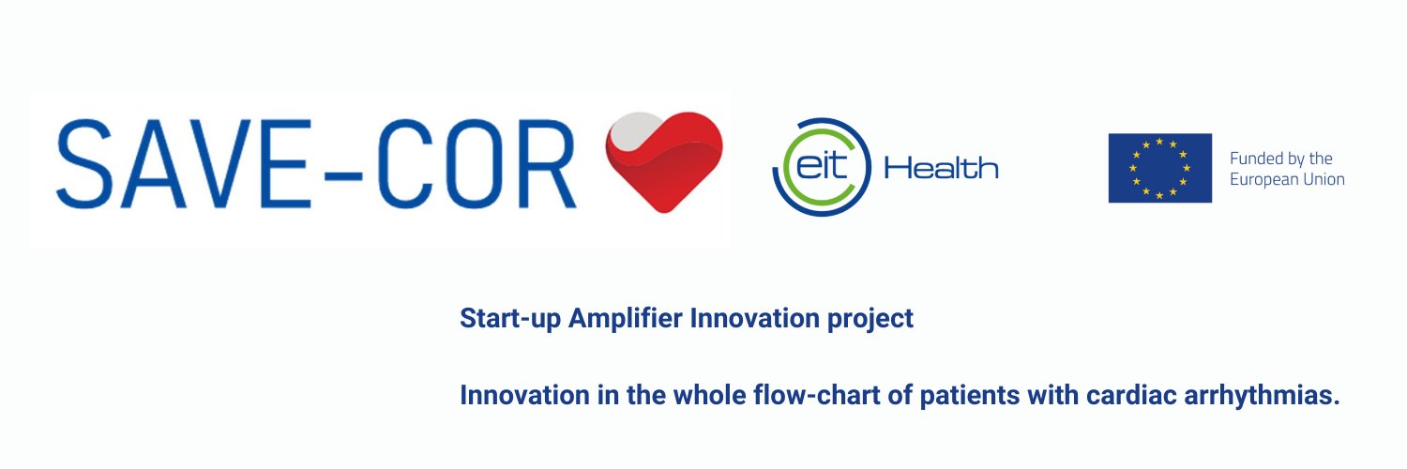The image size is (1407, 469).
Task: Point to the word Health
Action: (941, 169)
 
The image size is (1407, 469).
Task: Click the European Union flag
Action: (1159, 168)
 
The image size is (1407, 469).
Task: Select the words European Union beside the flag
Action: (1287, 179)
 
